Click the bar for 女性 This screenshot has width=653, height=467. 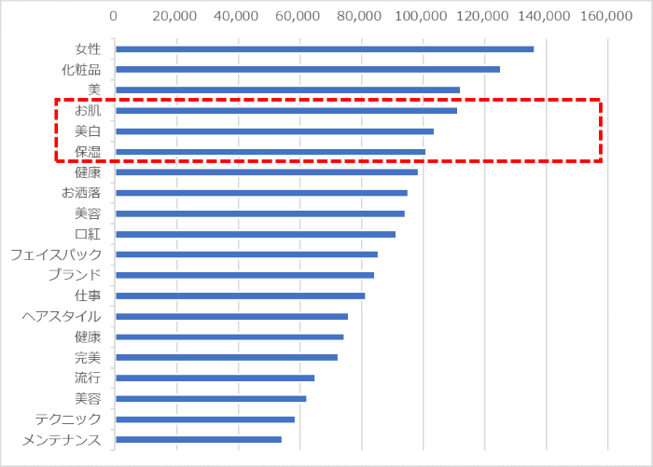tap(324, 49)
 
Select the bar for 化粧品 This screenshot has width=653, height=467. tap(307, 69)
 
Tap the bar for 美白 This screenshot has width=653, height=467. tap(273, 131)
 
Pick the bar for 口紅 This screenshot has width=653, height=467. tap(255, 234)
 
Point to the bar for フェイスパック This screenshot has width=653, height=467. tap(245, 254)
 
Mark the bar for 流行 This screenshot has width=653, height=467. tap(214, 378)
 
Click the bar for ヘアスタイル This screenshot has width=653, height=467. tap(230, 316)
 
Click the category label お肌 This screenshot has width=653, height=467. tap(88, 111)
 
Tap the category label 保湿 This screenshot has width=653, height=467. tap(88, 152)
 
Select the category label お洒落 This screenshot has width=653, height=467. tap(81, 193)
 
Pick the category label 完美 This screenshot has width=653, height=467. tap(88, 357)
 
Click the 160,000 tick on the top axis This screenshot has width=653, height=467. tap(607, 16)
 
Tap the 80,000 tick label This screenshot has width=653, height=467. tap(361, 16)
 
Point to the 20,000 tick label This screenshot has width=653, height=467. tap(176, 16)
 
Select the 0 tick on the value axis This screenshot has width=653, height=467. tap(114, 16)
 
